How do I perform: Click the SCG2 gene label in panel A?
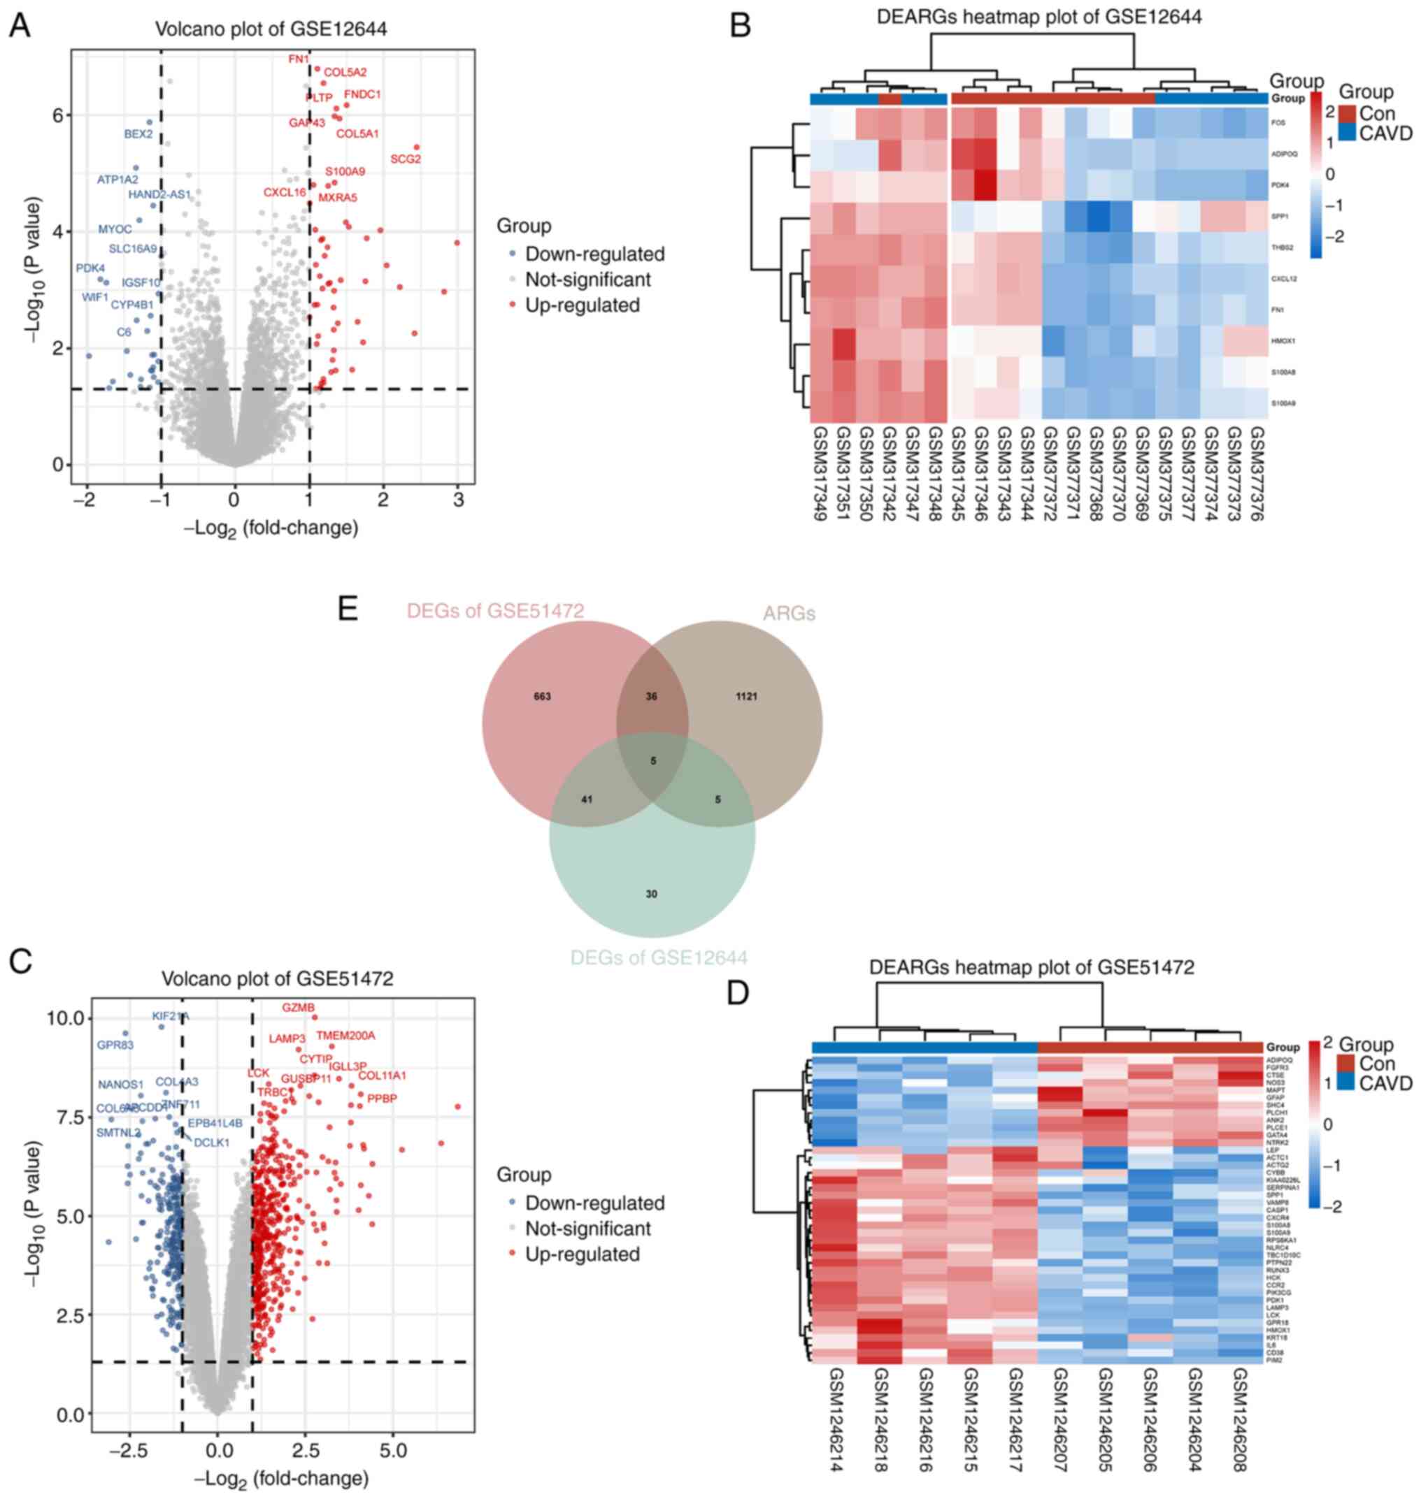click(x=405, y=159)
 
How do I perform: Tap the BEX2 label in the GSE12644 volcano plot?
click(x=138, y=134)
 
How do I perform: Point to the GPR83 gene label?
click(x=115, y=1045)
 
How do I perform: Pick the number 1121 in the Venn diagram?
click(x=746, y=697)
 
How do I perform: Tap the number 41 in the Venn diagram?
click(x=586, y=799)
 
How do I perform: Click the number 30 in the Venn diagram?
click(x=652, y=894)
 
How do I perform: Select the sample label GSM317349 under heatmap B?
click(x=820, y=474)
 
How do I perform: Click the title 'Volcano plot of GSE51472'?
click(x=277, y=979)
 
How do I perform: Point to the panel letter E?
click(x=348, y=608)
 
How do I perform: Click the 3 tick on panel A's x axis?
click(x=458, y=500)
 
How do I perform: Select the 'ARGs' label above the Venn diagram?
click(x=789, y=614)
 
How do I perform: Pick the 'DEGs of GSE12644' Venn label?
click(x=658, y=957)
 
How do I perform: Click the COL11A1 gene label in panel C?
click(x=382, y=1075)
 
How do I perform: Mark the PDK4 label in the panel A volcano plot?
click(x=90, y=268)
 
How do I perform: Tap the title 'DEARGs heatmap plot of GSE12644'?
click(x=1039, y=17)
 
